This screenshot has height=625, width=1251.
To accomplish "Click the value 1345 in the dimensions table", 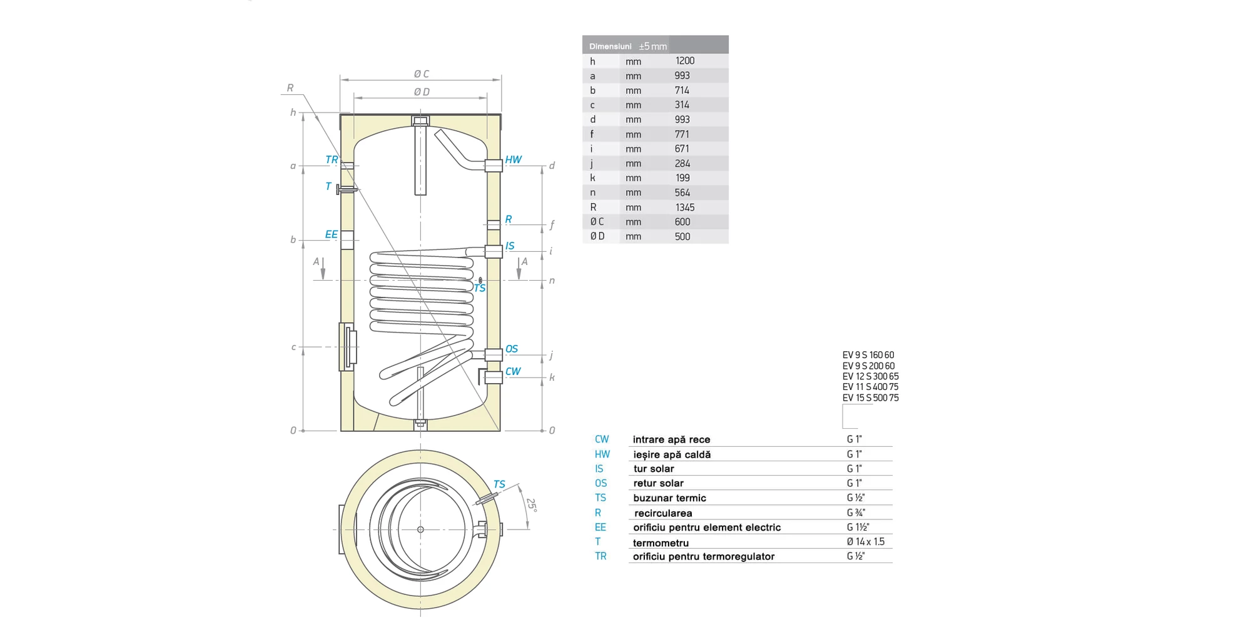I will point(684,207).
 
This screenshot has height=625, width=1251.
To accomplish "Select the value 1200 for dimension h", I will point(684,61).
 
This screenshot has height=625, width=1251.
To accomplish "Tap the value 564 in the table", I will point(682,192).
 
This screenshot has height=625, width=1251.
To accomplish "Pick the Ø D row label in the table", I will point(597,236).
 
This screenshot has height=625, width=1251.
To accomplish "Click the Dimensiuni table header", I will point(610,46).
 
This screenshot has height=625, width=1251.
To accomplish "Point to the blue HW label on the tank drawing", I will point(513,160).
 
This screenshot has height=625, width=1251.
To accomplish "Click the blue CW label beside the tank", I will point(513,371).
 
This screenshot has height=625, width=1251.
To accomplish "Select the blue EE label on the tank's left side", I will point(331,234).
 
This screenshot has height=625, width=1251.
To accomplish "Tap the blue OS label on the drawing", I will point(512,349).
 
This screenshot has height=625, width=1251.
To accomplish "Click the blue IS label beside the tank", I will point(510,246).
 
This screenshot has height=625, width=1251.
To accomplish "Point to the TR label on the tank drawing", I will point(332,160).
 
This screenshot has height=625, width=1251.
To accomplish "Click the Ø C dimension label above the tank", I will point(422,74).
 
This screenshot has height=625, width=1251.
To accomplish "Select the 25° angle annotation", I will point(531,504).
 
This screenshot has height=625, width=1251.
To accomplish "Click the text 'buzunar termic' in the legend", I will point(669,498).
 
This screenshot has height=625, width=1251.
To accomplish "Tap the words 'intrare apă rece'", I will point(671,439).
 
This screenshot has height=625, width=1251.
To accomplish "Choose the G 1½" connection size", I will point(858,527).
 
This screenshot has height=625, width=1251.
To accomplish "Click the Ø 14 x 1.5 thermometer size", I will point(865,542).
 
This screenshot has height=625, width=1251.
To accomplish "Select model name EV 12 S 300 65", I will point(870,376).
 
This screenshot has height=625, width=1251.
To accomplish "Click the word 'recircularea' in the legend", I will point(663,513).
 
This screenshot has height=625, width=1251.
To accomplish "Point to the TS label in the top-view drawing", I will point(499,484).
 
